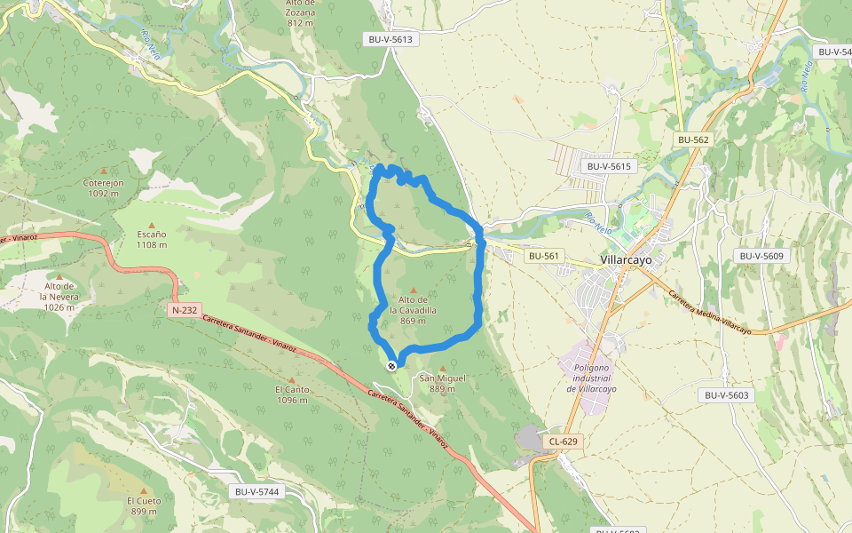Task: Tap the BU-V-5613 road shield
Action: (x=391, y=39)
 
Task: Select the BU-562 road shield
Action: (x=693, y=139)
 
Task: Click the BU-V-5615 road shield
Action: (x=609, y=166)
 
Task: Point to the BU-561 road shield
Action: (x=544, y=256)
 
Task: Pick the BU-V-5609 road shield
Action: (x=761, y=256)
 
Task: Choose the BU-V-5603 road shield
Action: (x=727, y=395)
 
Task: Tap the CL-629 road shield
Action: (x=564, y=442)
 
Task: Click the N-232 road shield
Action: (x=185, y=310)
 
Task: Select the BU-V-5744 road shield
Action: (x=257, y=491)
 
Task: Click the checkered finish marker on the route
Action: (x=391, y=366)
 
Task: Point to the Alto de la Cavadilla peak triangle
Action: (x=413, y=290)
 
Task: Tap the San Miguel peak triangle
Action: (x=443, y=367)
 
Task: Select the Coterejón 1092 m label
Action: (x=103, y=187)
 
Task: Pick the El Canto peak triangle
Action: (x=291, y=379)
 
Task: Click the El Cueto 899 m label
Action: (x=144, y=505)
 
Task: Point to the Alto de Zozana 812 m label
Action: (x=301, y=12)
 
